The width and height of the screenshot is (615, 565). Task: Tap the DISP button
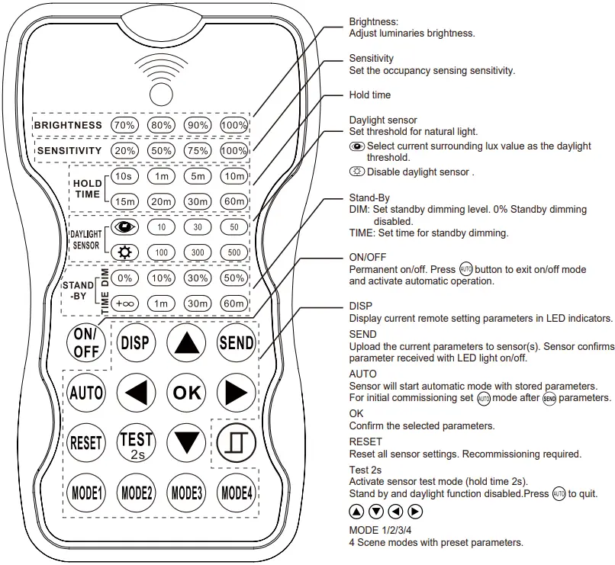pos(135,343)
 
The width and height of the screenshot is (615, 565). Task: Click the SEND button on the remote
pos(236,343)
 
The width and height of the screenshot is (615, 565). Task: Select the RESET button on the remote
pos(85,442)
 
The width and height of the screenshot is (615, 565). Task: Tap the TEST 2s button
pos(136,442)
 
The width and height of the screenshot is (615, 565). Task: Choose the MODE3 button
pos(185,492)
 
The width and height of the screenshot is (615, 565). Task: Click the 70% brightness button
pos(124,125)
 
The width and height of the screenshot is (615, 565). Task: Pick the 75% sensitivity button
pos(198,151)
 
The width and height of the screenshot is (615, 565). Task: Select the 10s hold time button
pos(124,176)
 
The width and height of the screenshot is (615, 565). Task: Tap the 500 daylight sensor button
pos(234,252)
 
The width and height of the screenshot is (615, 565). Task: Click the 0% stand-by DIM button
pos(124,278)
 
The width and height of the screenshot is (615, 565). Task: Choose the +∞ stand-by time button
pos(124,303)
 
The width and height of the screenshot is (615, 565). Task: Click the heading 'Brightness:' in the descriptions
pos(373,21)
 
